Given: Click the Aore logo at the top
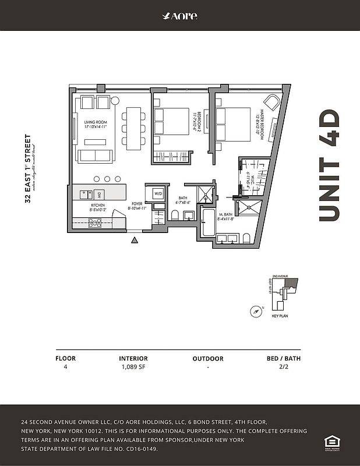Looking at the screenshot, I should (x=179, y=16).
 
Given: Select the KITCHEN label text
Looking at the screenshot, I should (x=97, y=206).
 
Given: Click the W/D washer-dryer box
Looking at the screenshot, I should (x=158, y=193).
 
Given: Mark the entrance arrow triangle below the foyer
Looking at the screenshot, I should (x=135, y=239).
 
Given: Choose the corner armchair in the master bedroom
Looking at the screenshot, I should (x=272, y=100).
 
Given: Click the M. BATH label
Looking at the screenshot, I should (x=225, y=216).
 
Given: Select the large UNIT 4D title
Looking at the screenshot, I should (x=329, y=165).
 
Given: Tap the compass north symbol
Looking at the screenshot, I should (x=255, y=310).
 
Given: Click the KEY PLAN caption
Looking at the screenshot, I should (x=280, y=316).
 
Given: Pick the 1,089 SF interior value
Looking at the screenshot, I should (x=133, y=368).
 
